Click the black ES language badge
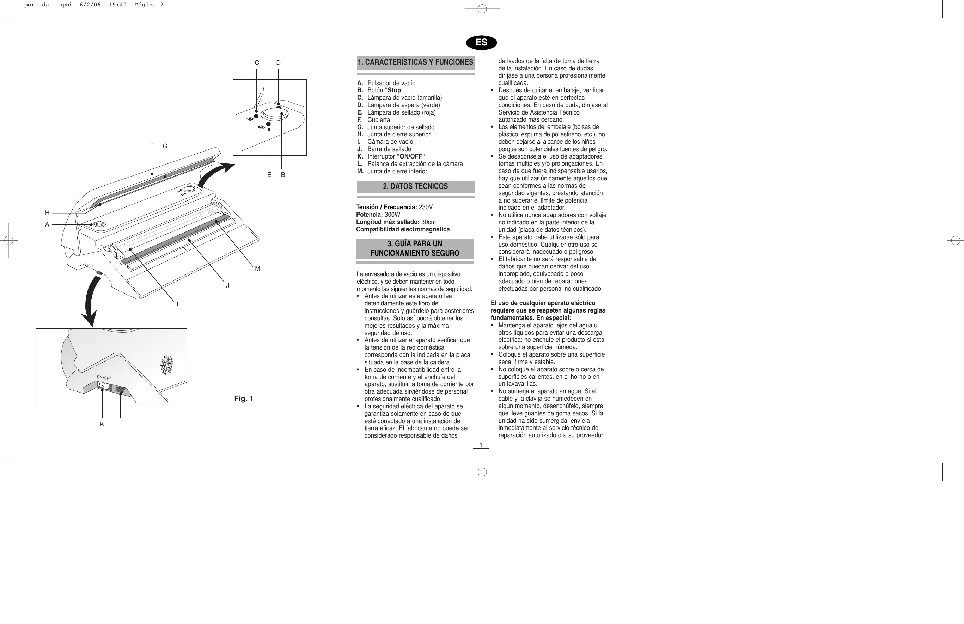tap(481, 43)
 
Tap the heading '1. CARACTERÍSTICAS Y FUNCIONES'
tap(415, 62)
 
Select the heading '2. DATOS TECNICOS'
tap(415, 186)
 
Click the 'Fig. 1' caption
tap(243, 399)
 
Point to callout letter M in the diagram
tap(258, 268)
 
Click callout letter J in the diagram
tap(228, 286)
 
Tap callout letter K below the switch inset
tap(102, 424)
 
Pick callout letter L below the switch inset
tap(121, 424)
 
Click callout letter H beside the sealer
tap(47, 213)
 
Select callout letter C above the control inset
tap(257, 63)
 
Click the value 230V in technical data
tap(426, 207)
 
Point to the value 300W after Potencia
tap(392, 215)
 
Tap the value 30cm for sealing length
tap(428, 222)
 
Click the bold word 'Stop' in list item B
tap(394, 90)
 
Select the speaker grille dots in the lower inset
tap(166, 365)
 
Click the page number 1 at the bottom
tap(481, 445)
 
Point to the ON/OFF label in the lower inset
tap(104, 378)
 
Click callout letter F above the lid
tap(152, 146)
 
